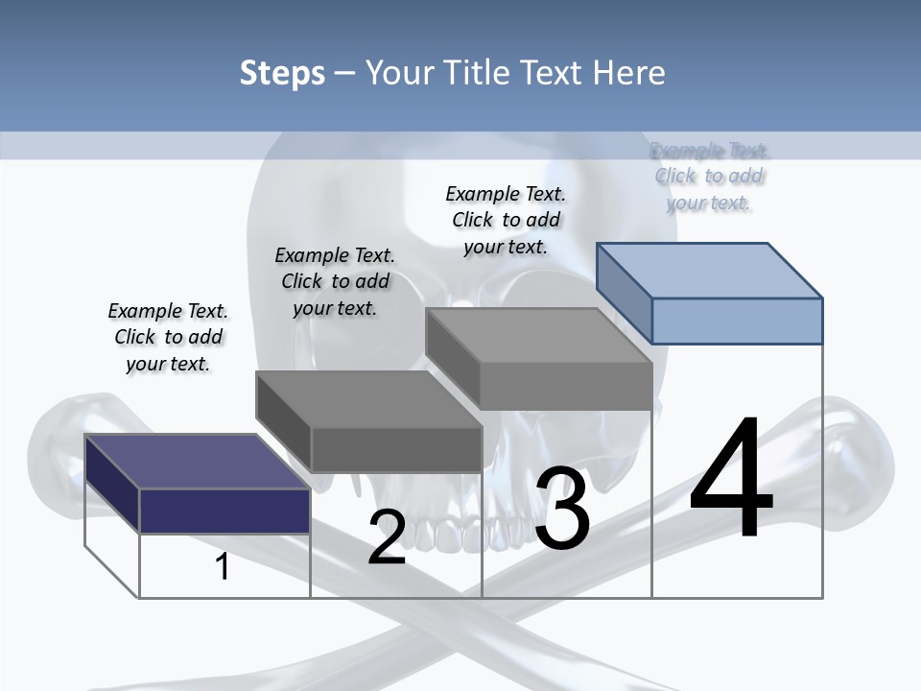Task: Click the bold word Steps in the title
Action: point(282,74)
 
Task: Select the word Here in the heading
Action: point(628,72)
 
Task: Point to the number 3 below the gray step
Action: point(562,508)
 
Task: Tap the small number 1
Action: point(222,566)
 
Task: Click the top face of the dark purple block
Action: point(197,462)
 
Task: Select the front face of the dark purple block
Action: point(224,512)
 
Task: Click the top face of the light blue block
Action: point(710,271)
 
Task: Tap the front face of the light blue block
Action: point(737,321)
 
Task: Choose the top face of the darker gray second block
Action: point(368,399)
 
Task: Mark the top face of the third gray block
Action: point(539,336)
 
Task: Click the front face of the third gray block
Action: point(566,386)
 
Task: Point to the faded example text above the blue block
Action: point(709,177)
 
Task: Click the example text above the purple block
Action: point(168,337)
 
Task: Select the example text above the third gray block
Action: point(506,220)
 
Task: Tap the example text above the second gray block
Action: point(335,281)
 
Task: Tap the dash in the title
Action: point(344,74)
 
